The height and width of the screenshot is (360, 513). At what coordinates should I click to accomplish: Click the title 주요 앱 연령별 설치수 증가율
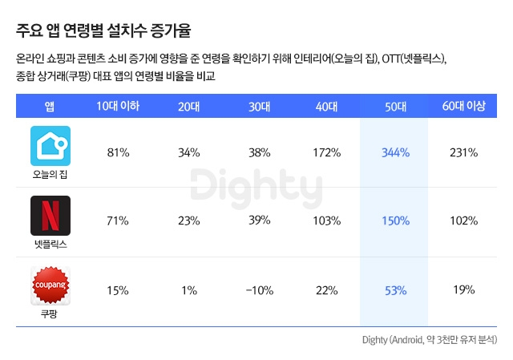point(103,32)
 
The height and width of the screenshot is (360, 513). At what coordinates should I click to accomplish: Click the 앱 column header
point(50,106)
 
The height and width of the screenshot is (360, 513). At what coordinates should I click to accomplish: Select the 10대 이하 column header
point(118,106)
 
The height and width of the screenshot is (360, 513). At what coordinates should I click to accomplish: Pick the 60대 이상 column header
point(464,106)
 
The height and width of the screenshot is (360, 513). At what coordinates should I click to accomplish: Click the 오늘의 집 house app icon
point(50,145)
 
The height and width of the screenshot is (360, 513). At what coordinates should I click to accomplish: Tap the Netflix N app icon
point(50,215)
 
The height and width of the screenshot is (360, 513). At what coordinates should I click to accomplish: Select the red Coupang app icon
point(50,285)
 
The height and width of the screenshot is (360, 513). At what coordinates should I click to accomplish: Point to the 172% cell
point(327,152)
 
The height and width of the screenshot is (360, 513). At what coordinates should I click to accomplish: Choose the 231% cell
point(464,152)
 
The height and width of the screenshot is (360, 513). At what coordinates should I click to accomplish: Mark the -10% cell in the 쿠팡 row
point(258,290)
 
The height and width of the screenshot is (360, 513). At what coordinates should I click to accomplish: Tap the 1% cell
point(188,290)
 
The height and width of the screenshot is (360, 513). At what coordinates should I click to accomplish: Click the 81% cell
point(118,152)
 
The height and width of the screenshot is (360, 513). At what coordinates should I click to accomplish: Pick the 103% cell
point(327,220)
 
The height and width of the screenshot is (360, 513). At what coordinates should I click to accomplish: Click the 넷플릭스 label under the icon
point(50,244)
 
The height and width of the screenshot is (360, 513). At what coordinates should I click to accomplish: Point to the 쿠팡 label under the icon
point(50,314)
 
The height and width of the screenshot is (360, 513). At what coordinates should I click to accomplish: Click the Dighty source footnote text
point(429,340)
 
